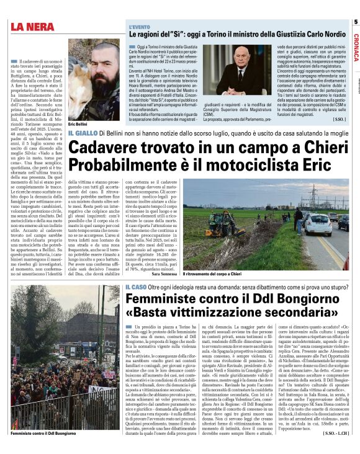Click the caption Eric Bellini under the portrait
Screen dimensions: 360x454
point(78,125)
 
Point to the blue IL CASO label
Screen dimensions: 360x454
point(135,286)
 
